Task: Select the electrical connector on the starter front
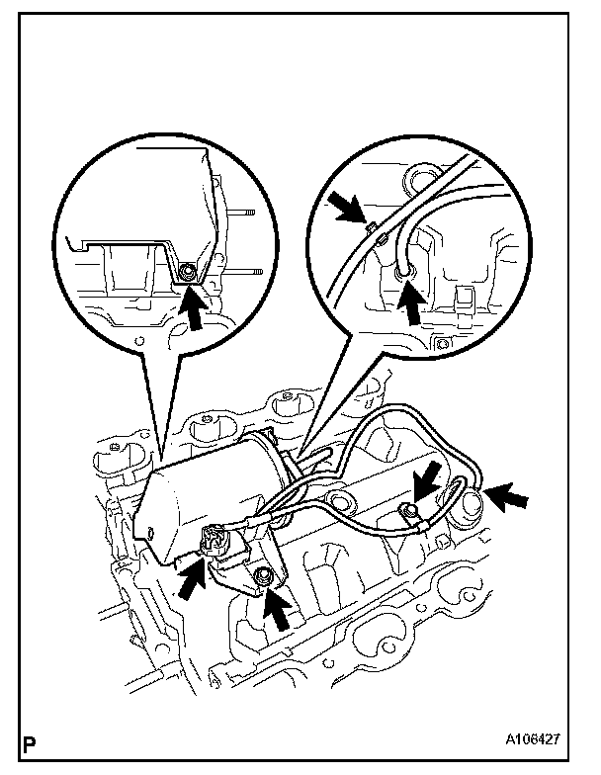218,542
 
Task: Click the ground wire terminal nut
404,511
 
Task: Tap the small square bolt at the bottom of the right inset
443,343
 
